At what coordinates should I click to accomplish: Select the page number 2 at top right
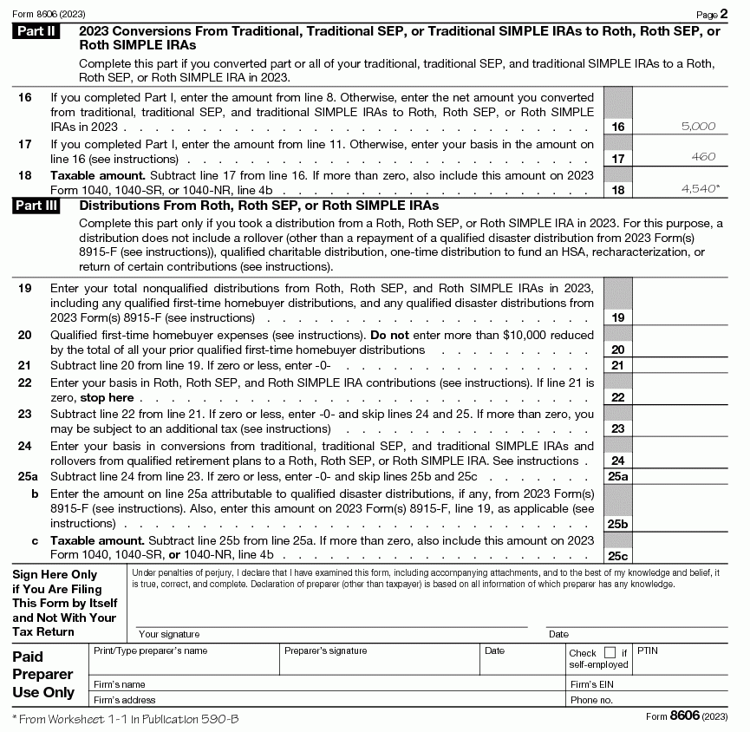coord(723,14)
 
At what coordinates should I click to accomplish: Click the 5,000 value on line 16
coord(698,127)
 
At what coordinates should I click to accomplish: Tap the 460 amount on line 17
coord(704,157)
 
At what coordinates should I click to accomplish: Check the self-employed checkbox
coord(610,653)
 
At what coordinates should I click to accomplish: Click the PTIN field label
coord(648,650)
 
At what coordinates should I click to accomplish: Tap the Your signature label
coord(168,634)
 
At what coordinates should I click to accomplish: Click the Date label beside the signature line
coord(558,634)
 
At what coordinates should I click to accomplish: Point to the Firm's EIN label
coord(591,684)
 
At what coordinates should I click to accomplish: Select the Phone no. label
coord(591,700)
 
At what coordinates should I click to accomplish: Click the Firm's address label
coord(124,700)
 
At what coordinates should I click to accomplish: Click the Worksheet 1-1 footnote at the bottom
coord(126,719)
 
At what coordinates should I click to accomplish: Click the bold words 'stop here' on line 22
coord(107,398)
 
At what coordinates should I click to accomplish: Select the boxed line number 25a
coord(618,477)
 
